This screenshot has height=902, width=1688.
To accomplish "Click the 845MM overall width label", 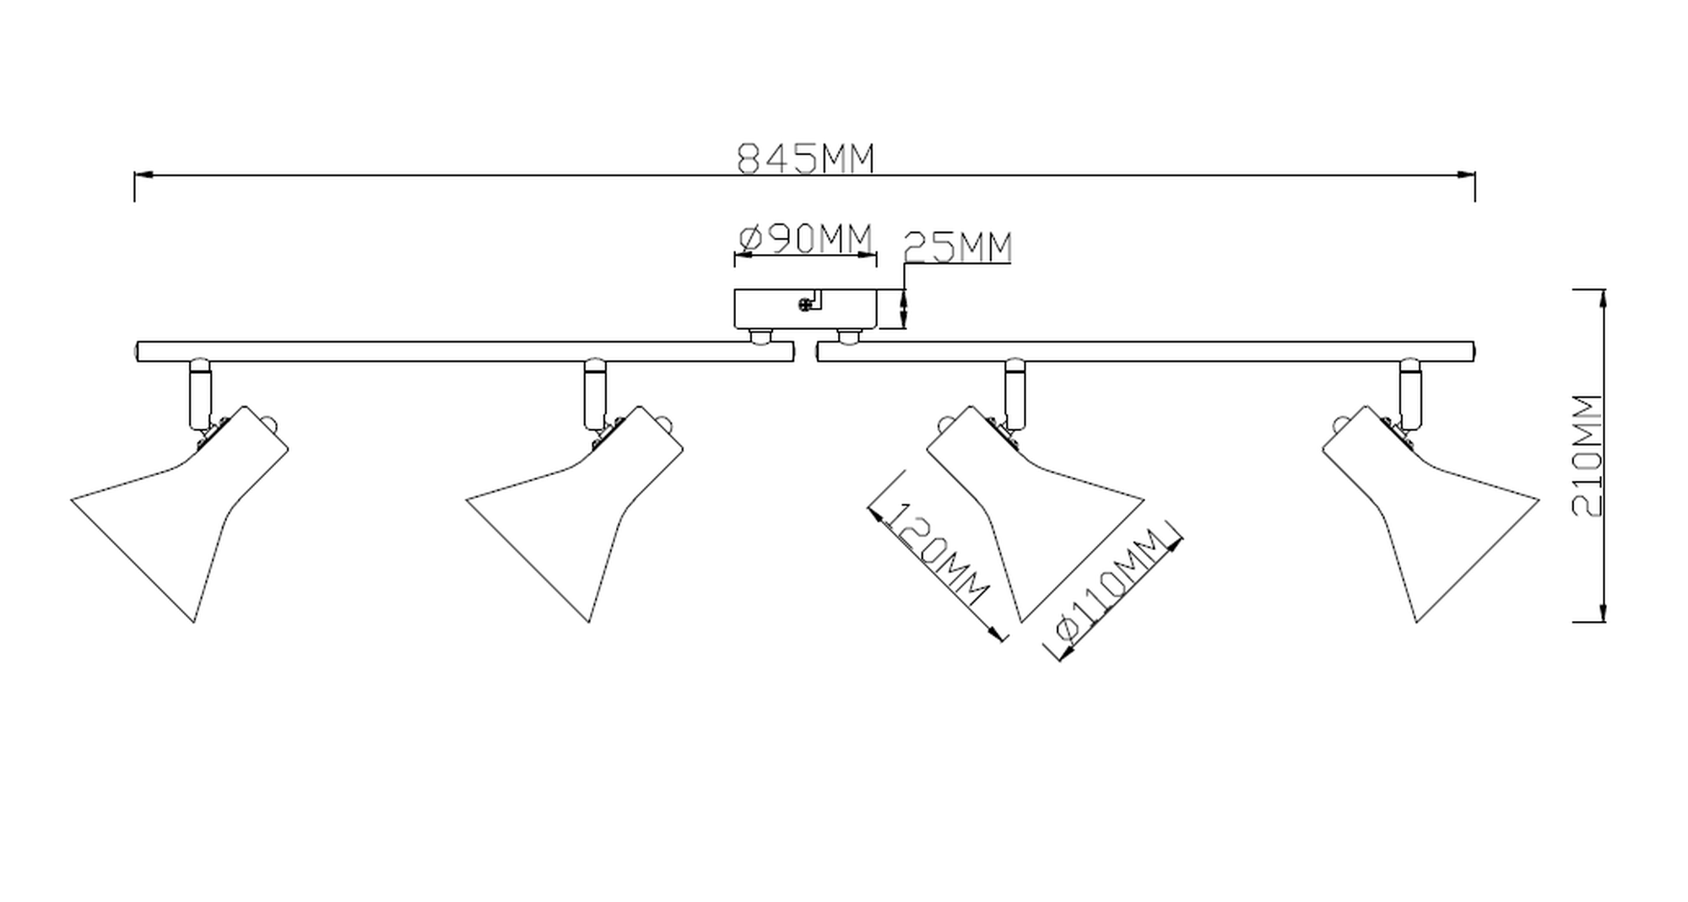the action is click(x=806, y=158).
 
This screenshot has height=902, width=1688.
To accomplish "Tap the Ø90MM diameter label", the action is click(x=805, y=240).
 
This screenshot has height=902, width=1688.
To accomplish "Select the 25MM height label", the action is click(x=957, y=247).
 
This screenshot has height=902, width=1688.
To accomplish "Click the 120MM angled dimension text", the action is click(x=938, y=554).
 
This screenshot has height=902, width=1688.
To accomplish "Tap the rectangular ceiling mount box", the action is click(x=805, y=309).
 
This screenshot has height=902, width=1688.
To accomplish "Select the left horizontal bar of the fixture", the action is click(x=465, y=352).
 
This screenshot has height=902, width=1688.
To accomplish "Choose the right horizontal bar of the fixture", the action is click(x=1145, y=352).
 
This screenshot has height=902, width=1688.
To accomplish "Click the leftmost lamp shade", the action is click(x=180, y=514).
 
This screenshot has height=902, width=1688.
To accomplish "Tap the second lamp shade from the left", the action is click(x=575, y=514).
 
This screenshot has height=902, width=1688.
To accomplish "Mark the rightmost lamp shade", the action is click(x=1431, y=514).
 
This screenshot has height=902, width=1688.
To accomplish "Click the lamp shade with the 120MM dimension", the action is click(x=1036, y=514).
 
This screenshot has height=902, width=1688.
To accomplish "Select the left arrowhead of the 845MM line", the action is click(x=143, y=176).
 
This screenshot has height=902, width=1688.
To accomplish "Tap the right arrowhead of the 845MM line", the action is click(x=1466, y=176).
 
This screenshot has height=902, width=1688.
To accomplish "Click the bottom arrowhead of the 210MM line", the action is click(x=1602, y=613).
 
